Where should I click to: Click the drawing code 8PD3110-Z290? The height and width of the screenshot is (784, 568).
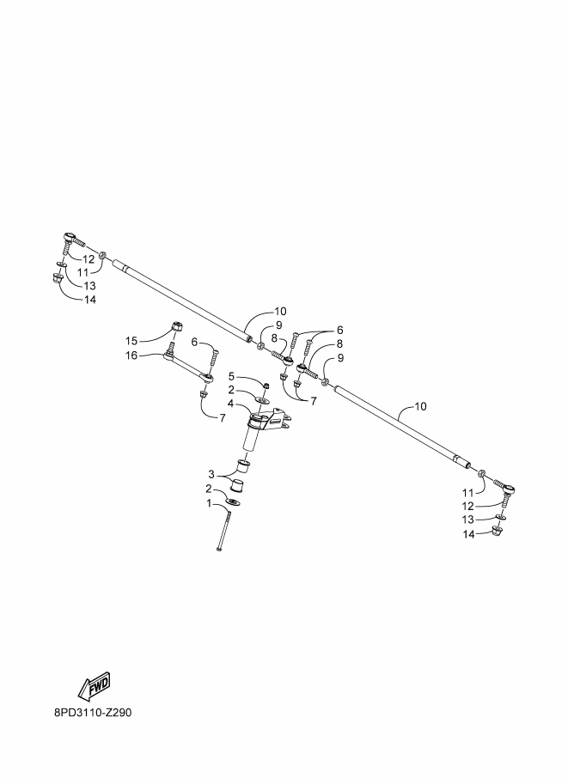(93, 713)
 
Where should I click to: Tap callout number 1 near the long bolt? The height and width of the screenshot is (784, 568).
(209, 502)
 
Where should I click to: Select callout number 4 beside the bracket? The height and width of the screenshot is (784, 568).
(230, 403)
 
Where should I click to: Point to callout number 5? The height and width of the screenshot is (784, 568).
(231, 375)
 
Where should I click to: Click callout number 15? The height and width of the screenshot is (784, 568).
(131, 341)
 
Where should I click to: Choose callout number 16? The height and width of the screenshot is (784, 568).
(131, 355)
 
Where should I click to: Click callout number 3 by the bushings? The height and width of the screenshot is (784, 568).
(211, 473)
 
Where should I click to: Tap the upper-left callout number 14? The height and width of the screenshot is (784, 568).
(90, 300)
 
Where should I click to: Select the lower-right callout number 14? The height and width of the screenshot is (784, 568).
(468, 534)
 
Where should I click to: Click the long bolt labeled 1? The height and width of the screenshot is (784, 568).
(224, 528)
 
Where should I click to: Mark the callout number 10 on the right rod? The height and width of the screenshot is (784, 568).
(421, 406)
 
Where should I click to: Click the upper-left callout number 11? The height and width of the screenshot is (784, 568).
(82, 273)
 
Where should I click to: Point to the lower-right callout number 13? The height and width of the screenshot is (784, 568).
(468, 520)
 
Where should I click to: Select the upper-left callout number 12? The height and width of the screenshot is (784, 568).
(88, 259)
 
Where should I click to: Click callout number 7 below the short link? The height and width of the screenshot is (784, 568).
(223, 417)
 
